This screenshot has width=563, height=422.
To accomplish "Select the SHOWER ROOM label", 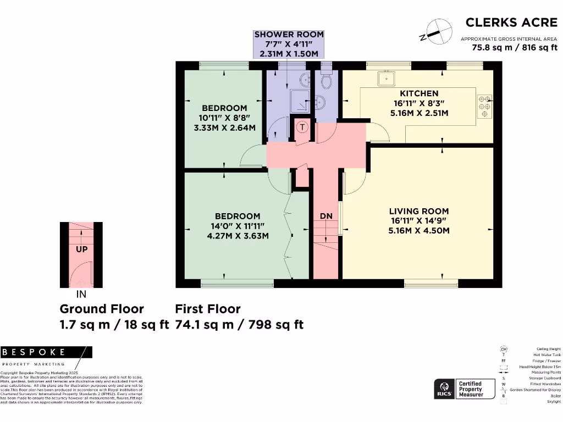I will point(289,34).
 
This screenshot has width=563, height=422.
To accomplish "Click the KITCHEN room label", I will point(419,93).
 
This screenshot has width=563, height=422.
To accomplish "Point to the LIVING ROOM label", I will point(419,211).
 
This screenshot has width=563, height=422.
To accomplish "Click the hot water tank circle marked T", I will point(302,127).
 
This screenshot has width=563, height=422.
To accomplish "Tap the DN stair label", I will point(327,216).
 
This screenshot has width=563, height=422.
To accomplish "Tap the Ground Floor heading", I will point(102,309).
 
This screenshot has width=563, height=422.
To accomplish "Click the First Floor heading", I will point(208,309).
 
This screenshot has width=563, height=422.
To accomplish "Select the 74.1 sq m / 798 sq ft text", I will point(239,325).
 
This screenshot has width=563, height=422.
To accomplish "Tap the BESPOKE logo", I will point(34,352).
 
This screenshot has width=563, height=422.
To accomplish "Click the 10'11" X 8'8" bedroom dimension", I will point(224,118).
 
